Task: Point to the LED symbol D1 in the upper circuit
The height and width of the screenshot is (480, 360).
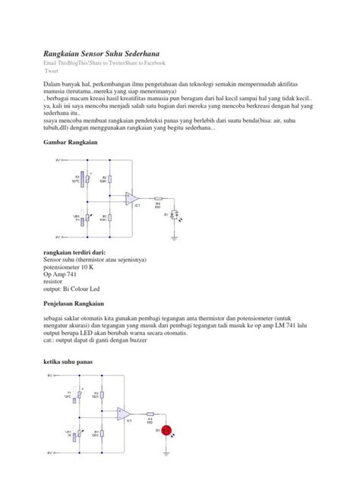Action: coord(174,216)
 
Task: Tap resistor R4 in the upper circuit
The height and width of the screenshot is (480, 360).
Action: coord(158,204)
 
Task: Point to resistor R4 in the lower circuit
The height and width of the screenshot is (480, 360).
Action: coord(151,418)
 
